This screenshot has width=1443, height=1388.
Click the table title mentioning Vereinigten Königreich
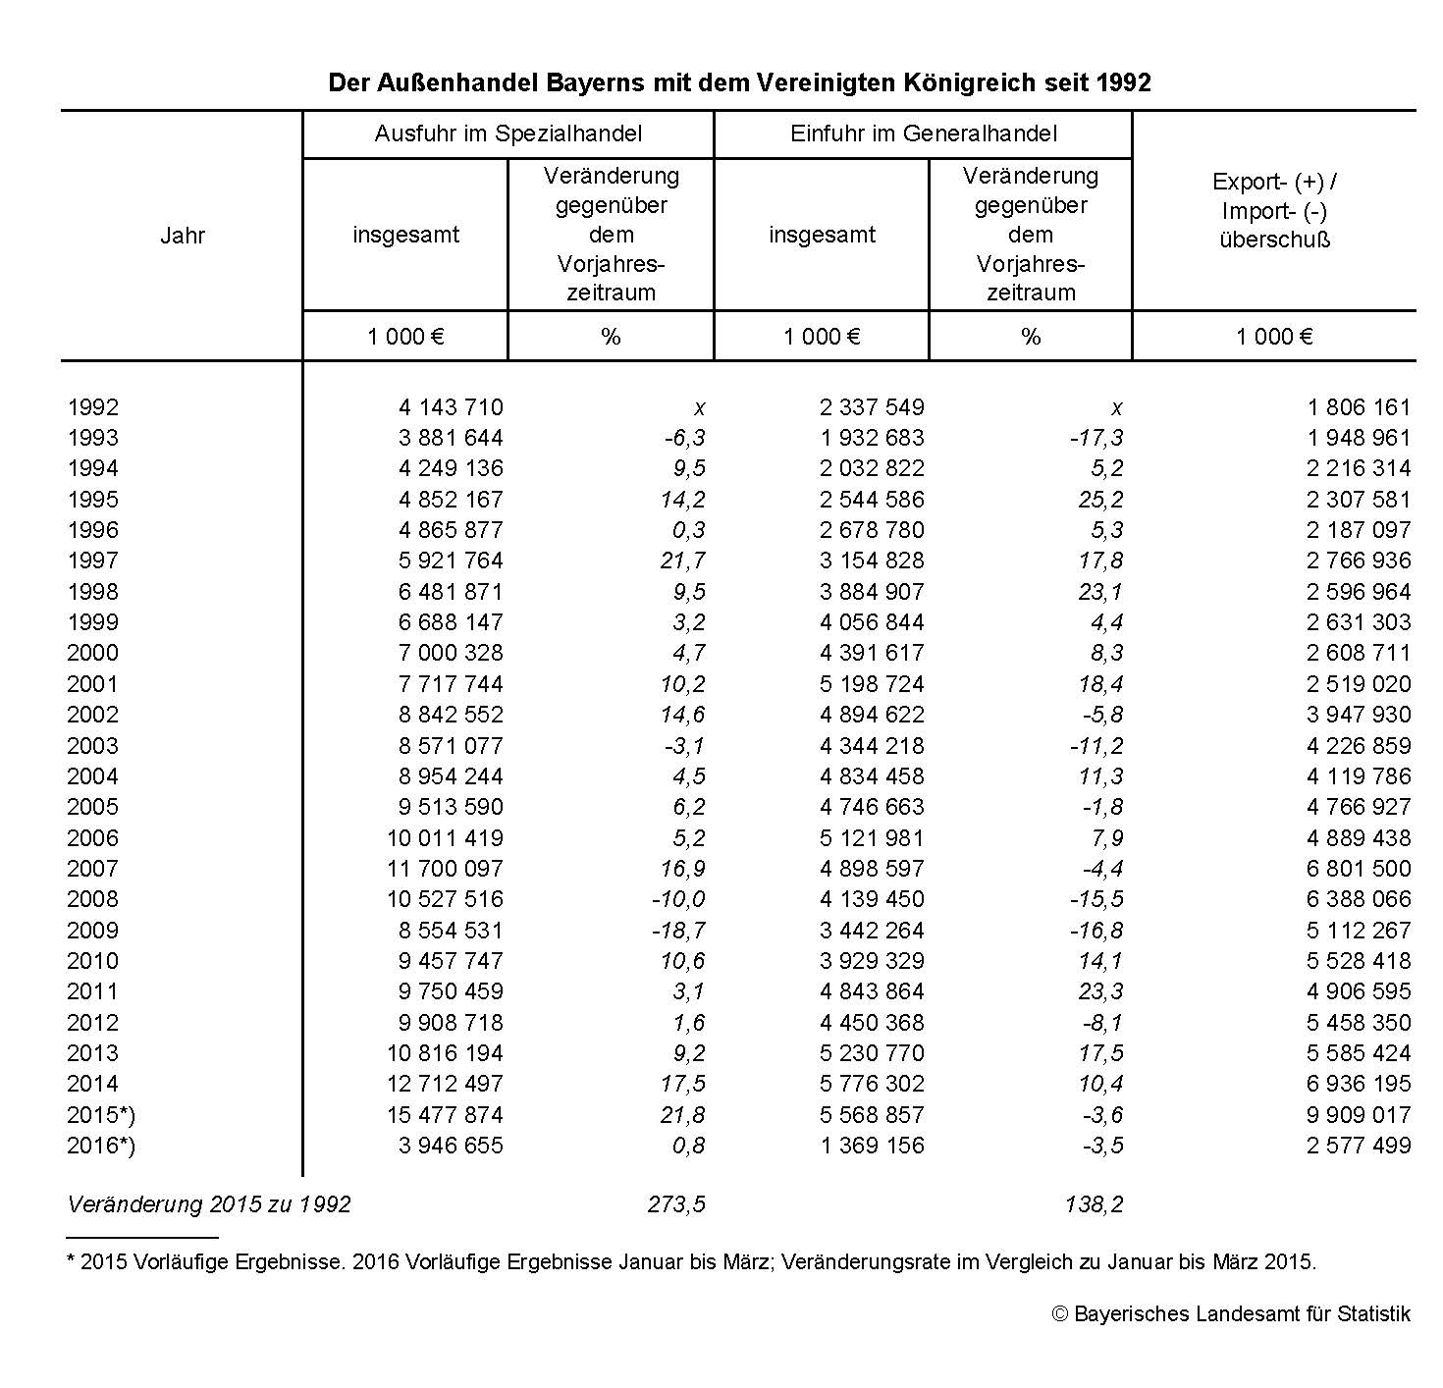click(738, 82)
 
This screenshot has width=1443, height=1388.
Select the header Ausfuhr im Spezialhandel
click(508, 133)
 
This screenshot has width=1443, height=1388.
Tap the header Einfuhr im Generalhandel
click(923, 133)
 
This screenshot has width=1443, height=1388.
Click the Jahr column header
click(183, 236)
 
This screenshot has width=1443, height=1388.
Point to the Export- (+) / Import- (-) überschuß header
click(1274, 211)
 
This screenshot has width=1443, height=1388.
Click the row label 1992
click(92, 407)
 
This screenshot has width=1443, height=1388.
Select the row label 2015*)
click(100, 1115)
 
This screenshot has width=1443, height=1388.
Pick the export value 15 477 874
click(450, 1115)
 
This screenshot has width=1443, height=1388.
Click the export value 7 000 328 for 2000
click(450, 653)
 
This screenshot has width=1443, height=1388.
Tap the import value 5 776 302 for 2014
click(872, 1084)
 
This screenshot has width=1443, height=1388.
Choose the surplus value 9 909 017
click(1358, 1115)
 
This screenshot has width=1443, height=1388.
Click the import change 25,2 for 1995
click(1100, 500)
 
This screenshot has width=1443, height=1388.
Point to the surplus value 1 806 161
click(1358, 407)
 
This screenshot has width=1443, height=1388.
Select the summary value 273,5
click(676, 1204)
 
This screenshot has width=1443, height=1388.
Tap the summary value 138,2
click(1094, 1204)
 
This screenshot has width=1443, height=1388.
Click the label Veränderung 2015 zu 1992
click(208, 1204)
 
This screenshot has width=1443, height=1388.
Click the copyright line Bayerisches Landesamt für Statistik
click(1231, 1314)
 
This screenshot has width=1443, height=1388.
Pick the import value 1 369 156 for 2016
click(872, 1146)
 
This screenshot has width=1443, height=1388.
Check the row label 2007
click(92, 869)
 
